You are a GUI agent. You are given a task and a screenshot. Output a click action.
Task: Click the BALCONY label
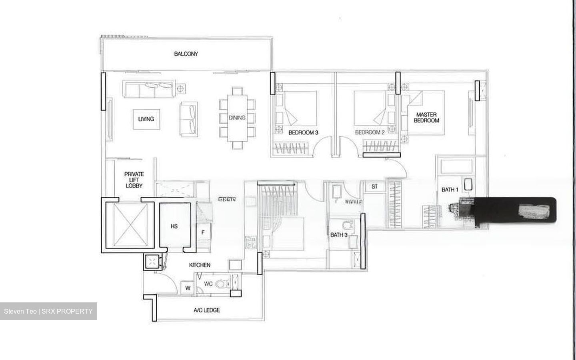[x=186, y=54]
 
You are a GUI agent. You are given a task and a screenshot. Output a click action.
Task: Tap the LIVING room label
[x=146, y=119]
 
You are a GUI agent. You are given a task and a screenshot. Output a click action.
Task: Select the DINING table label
[x=237, y=118]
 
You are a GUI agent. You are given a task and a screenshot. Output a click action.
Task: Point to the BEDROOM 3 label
[x=303, y=132]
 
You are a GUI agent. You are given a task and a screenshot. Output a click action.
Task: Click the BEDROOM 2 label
[x=370, y=132]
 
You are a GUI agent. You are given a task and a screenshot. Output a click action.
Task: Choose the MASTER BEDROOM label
[x=426, y=117]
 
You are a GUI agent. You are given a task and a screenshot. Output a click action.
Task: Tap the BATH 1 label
[x=450, y=190]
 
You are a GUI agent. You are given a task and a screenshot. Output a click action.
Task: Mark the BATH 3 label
[x=338, y=235]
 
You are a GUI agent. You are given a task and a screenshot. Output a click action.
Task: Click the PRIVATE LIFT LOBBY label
[x=134, y=180]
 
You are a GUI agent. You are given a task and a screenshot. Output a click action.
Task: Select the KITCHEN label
[x=200, y=265]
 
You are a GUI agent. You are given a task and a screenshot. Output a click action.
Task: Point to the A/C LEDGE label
[x=206, y=310]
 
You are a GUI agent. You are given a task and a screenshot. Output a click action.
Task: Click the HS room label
[x=174, y=226]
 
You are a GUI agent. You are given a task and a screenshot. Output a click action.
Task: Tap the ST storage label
[x=374, y=186]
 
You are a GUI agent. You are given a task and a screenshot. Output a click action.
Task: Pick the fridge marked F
[x=203, y=232]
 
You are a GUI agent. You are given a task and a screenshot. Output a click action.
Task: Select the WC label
[x=208, y=284]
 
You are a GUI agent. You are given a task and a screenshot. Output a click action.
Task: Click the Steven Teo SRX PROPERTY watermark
[x=48, y=311]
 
